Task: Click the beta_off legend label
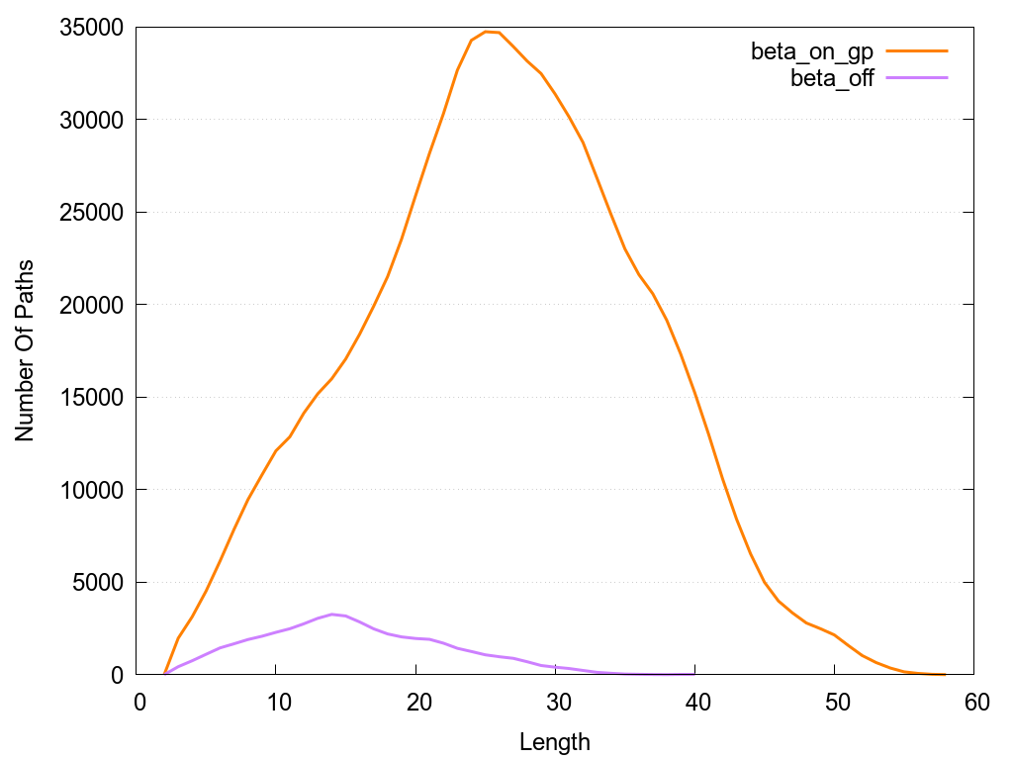click(832, 79)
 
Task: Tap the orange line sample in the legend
click(917, 50)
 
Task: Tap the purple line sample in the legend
click(917, 77)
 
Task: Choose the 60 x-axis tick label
click(973, 702)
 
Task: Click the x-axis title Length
click(555, 741)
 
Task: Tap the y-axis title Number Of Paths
click(25, 350)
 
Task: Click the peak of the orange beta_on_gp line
click(486, 32)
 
